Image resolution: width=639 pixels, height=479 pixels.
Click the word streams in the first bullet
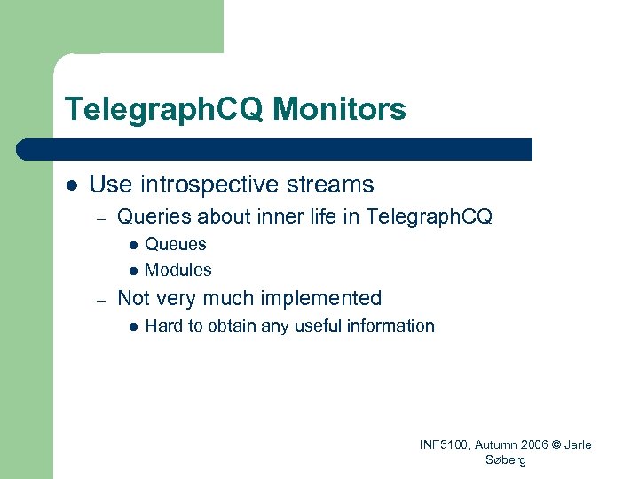click(x=330, y=185)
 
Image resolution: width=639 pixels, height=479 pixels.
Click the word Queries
click(x=154, y=216)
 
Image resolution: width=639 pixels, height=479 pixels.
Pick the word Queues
click(x=175, y=245)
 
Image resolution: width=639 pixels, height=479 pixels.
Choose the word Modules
click(x=177, y=270)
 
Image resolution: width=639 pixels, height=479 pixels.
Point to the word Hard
click(x=163, y=326)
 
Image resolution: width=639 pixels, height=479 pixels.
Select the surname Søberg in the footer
click(x=506, y=460)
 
